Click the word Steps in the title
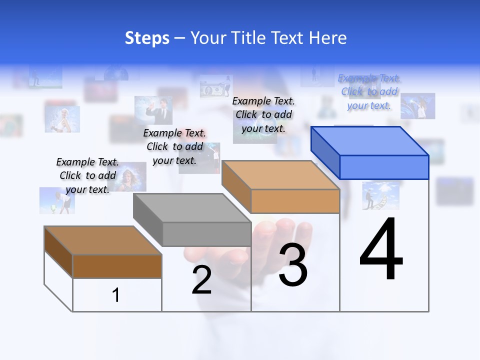[x=147, y=38]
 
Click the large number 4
[x=381, y=250]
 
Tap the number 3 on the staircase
[x=293, y=264]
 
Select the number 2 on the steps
[x=202, y=280]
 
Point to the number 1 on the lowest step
[x=116, y=295]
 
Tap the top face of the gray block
[x=192, y=207]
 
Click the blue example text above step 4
[x=369, y=92]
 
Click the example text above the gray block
[x=174, y=146]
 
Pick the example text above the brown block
[x=87, y=175]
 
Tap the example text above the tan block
[x=263, y=114]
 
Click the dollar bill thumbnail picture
[x=216, y=88]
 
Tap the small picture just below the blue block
[x=381, y=195]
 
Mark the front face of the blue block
[x=384, y=167]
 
